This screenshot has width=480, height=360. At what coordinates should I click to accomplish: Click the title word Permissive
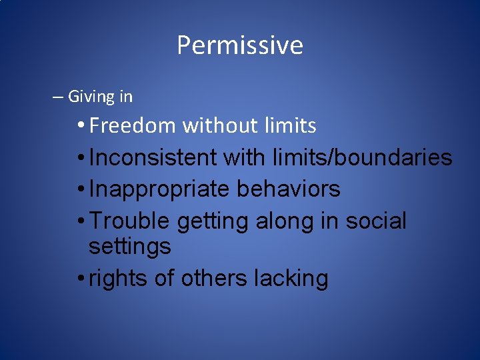pos(239,46)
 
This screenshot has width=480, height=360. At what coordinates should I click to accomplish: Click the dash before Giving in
pos(58,97)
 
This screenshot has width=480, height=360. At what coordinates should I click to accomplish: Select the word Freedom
pos(133,125)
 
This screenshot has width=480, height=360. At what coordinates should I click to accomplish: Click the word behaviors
pos(288,189)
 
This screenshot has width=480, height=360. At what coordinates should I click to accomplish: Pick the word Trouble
pos(127,221)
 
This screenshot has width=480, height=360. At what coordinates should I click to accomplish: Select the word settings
pos(129,247)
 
